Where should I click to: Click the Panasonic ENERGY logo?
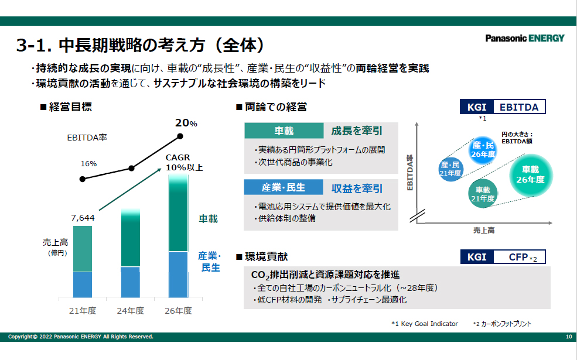point(525,38)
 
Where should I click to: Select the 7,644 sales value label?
point(83,218)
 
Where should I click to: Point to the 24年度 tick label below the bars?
point(130,311)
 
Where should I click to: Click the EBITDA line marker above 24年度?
point(131,169)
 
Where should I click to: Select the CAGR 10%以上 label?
point(184,162)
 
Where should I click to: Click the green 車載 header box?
point(284,131)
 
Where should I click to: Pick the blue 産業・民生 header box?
point(284,187)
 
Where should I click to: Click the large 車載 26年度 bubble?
point(530,175)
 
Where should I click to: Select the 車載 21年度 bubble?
point(483,194)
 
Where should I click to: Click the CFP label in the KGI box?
point(518,257)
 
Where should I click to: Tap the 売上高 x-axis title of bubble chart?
point(484,230)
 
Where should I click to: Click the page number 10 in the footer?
point(569,337)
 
